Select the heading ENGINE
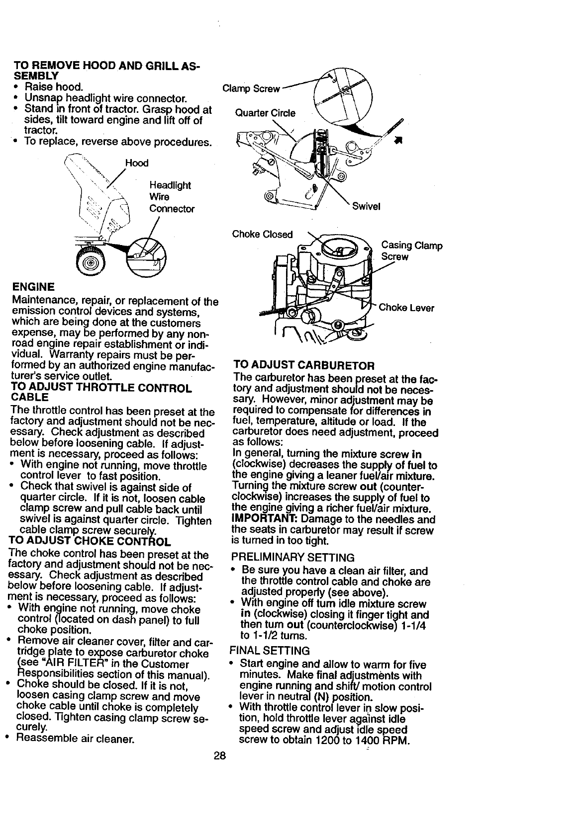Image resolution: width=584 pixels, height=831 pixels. coord(33,287)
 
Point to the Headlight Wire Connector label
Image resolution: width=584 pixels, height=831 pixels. coord(172,197)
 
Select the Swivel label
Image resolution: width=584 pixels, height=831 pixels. coord(366,206)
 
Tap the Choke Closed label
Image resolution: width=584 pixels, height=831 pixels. coord(263,234)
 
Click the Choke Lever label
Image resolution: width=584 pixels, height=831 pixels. coord(406,308)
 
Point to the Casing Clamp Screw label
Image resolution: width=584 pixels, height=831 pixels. coord(411,251)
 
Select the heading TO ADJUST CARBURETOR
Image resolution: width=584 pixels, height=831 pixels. coord(303,366)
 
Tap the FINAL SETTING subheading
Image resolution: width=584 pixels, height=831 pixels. coord(269,651)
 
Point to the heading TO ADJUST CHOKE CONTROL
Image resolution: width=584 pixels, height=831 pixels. coord(90,542)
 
